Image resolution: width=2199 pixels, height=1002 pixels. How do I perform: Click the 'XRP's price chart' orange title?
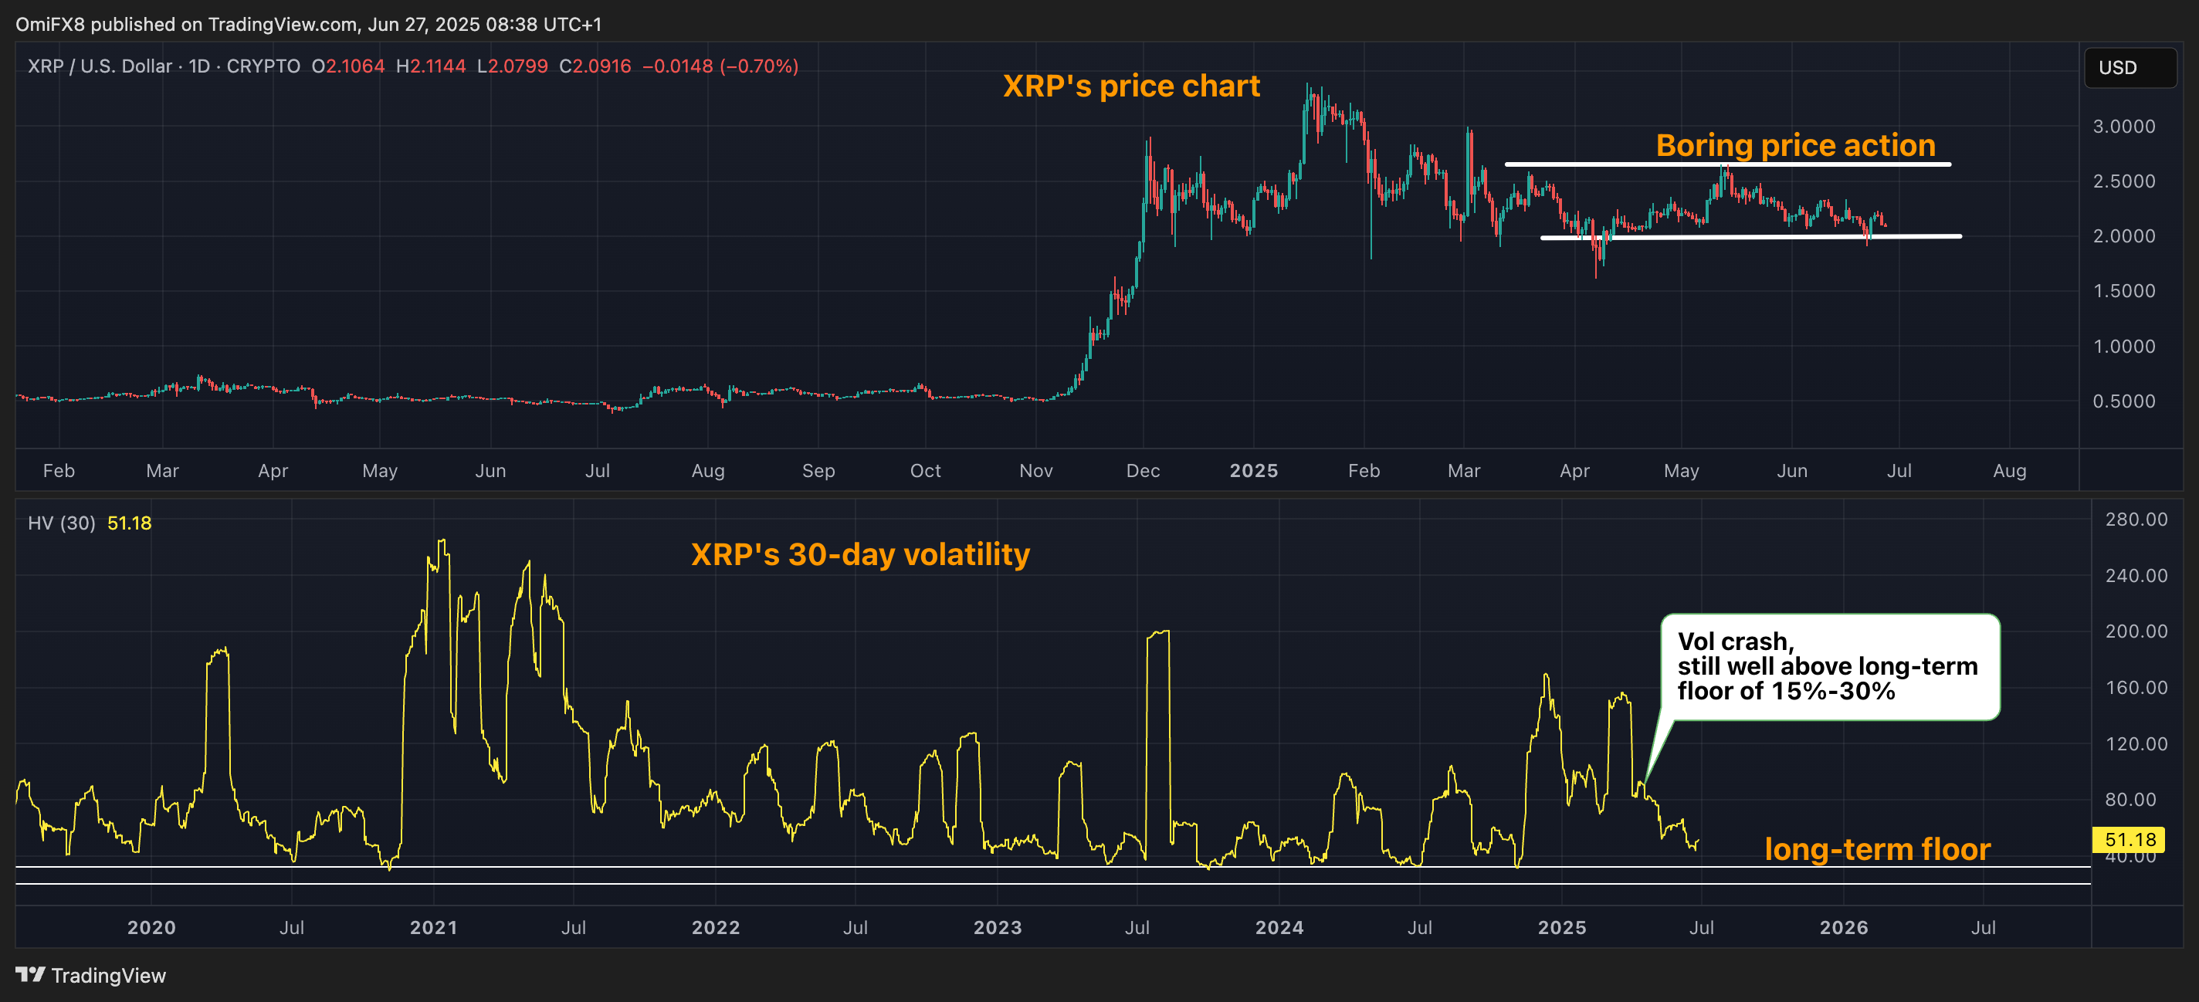1130,86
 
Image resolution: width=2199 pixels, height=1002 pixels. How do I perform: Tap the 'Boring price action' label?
1795,145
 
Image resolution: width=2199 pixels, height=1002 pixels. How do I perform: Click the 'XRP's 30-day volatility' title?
859,555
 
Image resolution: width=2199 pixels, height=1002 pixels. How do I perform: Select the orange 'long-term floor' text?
1877,849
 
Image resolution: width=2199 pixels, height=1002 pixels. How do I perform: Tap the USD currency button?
2128,67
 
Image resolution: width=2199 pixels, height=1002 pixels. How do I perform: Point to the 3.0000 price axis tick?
2123,127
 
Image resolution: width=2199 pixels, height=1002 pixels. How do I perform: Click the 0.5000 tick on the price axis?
2123,401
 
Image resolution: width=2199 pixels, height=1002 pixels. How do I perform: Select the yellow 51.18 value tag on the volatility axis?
2129,840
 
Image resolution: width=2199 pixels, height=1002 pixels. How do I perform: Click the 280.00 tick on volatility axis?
2135,520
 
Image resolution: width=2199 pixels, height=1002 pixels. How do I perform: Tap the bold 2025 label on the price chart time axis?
1253,471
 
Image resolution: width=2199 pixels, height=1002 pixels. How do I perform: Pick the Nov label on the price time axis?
1035,471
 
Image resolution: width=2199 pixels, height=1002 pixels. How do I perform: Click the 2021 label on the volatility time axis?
433,928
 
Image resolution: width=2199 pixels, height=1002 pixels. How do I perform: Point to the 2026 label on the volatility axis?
1843,928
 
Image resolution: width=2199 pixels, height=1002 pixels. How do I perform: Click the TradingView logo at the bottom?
90,976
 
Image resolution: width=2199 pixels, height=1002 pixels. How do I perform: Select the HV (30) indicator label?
62,523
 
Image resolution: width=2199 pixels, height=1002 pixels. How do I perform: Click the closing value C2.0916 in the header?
595,66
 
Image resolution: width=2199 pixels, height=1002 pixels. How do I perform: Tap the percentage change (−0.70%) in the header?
759,66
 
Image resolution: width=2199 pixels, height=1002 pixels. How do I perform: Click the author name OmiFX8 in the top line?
49,24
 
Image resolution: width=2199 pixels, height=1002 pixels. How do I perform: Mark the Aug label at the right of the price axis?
2008,471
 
